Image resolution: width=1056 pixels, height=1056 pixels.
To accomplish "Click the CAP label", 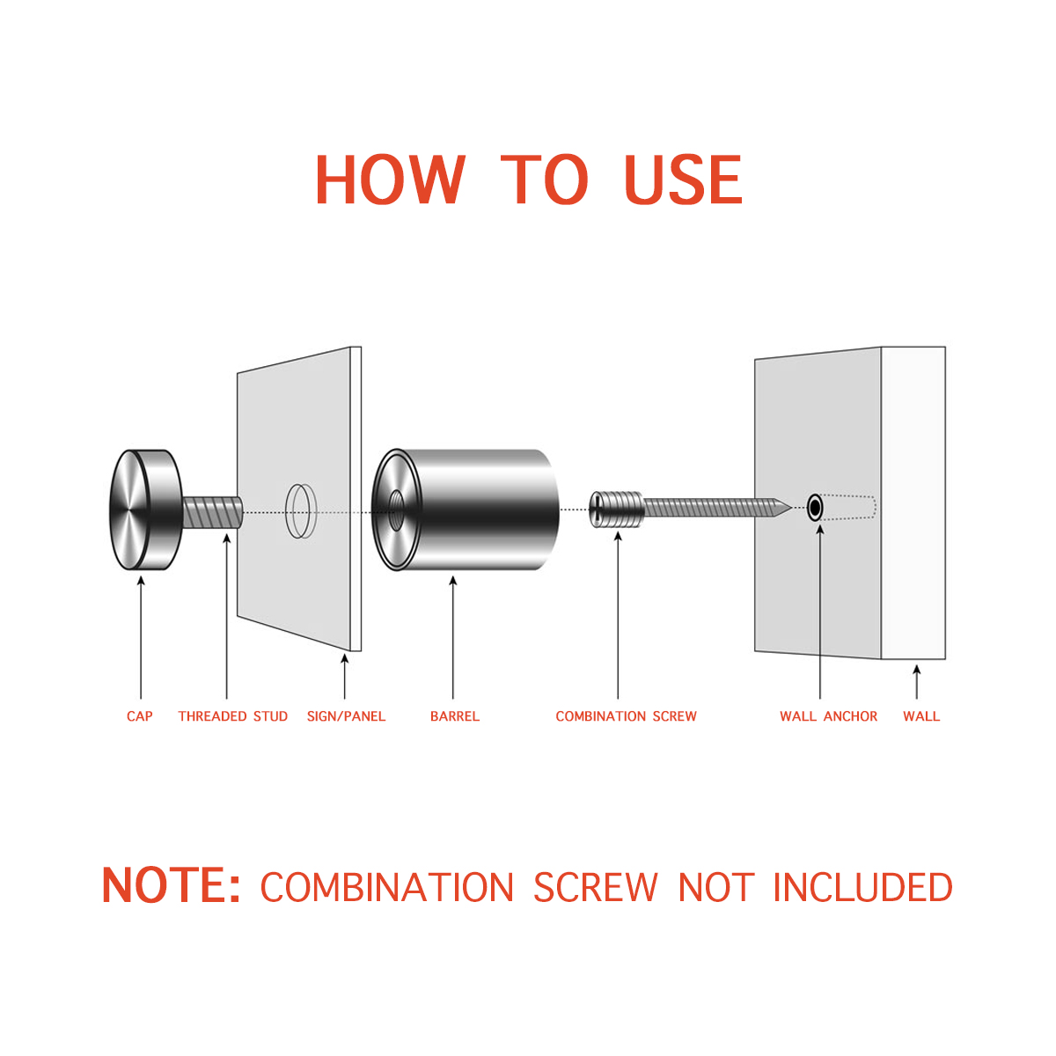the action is pyautogui.click(x=139, y=716).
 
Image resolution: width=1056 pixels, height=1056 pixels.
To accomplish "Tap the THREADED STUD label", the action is pyautogui.click(x=233, y=716).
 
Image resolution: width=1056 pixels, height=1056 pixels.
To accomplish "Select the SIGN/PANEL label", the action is pyautogui.click(x=346, y=716).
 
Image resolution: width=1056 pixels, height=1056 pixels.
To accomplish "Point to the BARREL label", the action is pyautogui.click(x=454, y=716).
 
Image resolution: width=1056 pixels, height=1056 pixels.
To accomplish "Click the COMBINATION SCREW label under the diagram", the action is pyautogui.click(x=626, y=716).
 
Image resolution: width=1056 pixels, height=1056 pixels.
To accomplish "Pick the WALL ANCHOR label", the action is pyautogui.click(x=828, y=716).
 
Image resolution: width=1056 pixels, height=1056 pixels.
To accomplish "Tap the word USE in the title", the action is pyautogui.click(x=683, y=180).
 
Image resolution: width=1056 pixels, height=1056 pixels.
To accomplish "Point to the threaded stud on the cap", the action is pyautogui.click(x=212, y=512).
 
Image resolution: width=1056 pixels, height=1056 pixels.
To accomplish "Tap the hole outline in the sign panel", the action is pyautogui.click(x=301, y=510).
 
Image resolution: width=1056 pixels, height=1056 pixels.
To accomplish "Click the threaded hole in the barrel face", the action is pyautogui.click(x=395, y=510).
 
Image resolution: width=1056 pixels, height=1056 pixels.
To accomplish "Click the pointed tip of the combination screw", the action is pyautogui.click(x=791, y=508).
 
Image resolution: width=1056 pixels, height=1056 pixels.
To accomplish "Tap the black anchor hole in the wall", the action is pyautogui.click(x=815, y=508).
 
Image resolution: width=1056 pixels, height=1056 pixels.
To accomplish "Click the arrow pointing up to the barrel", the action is pyautogui.click(x=452, y=637).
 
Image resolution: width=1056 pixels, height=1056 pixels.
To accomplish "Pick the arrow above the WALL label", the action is pyautogui.click(x=916, y=682).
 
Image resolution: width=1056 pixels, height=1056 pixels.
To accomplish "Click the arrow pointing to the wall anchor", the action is pyautogui.click(x=820, y=612).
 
